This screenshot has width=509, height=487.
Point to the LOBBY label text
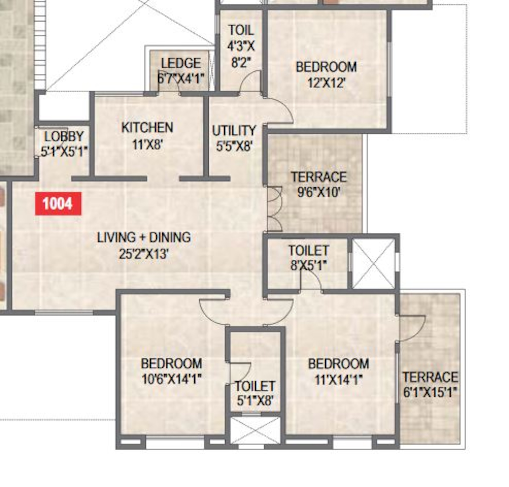64,137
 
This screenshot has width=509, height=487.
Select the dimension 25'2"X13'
144,254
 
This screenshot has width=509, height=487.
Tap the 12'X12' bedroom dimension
326,83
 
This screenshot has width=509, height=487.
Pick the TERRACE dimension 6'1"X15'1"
430,392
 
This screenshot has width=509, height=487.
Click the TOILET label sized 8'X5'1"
309,250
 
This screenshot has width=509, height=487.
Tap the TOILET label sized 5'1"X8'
255,387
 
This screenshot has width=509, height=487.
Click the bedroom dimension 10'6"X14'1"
172,379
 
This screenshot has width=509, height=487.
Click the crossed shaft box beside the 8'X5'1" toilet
373,264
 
